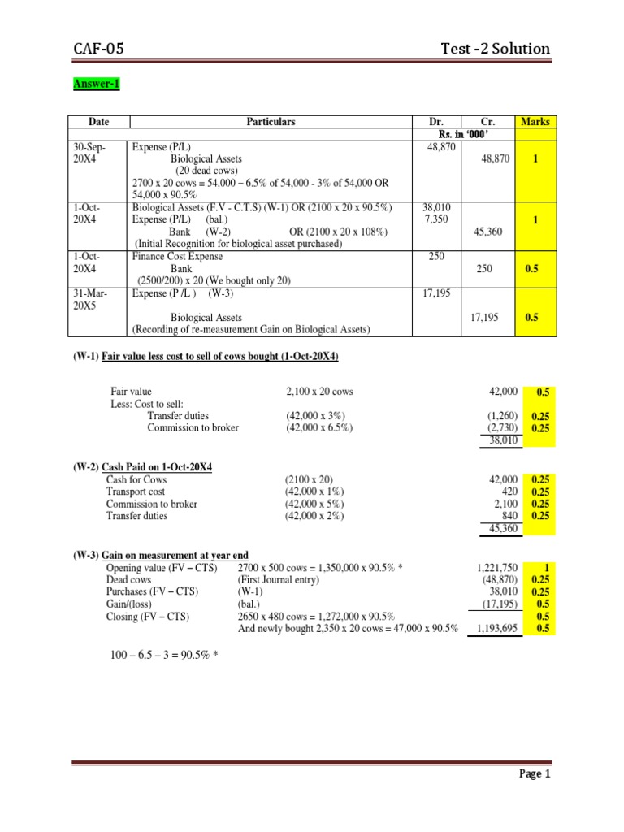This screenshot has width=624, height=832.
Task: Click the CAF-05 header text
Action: click(x=97, y=49)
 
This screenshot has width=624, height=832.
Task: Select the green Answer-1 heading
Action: click(x=97, y=84)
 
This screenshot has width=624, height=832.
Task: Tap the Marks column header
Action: click(x=535, y=122)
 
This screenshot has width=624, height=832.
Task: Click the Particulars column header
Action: click(x=271, y=122)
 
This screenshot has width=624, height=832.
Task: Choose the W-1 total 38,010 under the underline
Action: click(x=501, y=440)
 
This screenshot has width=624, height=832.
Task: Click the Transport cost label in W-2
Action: click(x=136, y=492)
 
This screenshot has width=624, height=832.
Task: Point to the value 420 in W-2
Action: click(x=509, y=492)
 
